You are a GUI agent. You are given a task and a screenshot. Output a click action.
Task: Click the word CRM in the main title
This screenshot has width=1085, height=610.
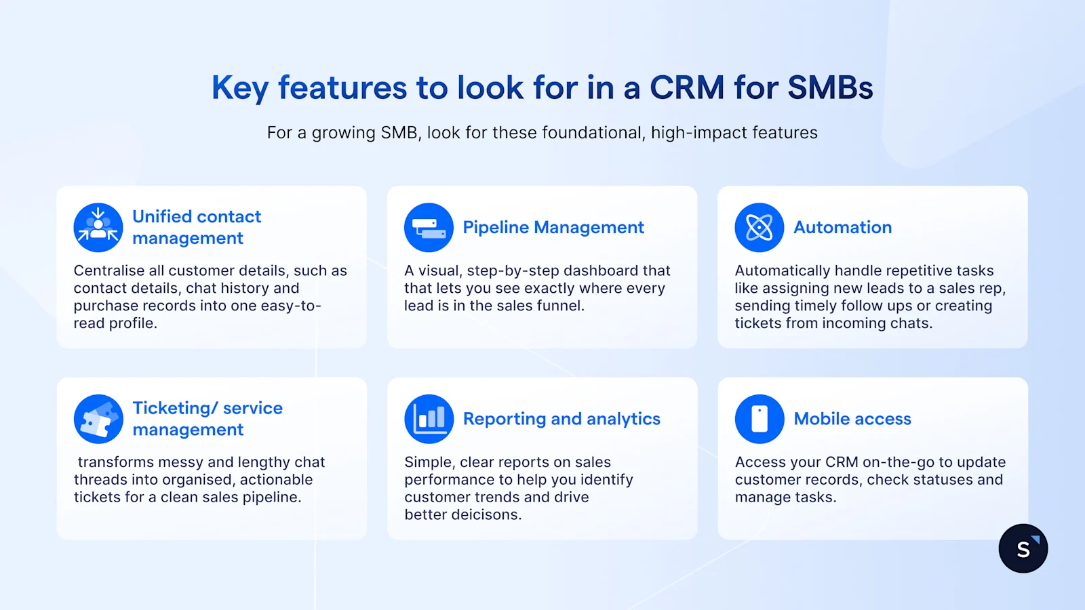tap(686, 87)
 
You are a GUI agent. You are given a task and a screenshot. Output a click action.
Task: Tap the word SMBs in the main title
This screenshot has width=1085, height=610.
tap(830, 87)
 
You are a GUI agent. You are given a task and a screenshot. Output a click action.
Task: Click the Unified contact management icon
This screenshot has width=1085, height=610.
tap(98, 228)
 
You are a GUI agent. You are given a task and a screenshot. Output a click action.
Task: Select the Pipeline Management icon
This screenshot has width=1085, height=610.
tap(429, 228)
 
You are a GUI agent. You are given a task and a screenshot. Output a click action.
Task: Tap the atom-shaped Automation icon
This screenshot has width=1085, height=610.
tap(759, 228)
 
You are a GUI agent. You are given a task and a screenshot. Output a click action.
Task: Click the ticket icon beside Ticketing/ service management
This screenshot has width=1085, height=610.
tap(98, 419)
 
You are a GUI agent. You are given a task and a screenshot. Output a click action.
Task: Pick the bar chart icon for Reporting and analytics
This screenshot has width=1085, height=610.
tap(429, 419)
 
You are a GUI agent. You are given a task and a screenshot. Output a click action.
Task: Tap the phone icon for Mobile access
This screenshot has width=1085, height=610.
tap(759, 419)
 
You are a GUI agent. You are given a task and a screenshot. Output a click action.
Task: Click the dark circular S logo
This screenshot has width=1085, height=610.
tap(1023, 548)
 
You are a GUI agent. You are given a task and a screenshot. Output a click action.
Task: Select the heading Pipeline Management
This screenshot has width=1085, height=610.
tap(553, 228)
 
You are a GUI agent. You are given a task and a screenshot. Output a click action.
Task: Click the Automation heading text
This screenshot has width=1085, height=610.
tap(842, 228)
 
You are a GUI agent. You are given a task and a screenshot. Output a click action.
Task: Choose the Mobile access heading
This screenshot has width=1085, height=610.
tap(852, 419)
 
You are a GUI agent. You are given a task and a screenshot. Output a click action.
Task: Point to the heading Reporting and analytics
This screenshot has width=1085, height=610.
tap(561, 419)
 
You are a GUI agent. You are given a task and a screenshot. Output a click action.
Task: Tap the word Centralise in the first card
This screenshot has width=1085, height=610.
tap(108, 270)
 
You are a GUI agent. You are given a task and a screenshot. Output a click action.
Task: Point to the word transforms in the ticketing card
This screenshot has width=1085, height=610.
tap(115, 462)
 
